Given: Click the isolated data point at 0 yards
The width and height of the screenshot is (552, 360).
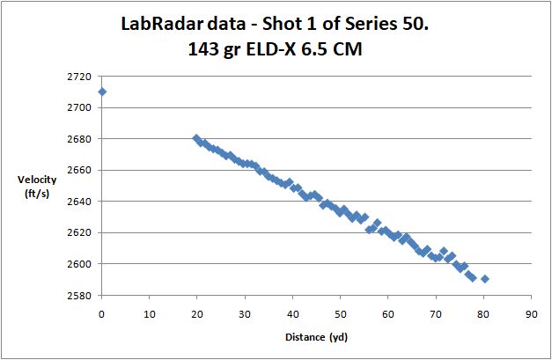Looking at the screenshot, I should pyautogui.click(x=102, y=92).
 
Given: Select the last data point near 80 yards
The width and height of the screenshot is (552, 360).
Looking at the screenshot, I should pyautogui.click(x=485, y=279).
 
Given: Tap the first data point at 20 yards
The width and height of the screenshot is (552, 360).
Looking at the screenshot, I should pyautogui.click(x=196, y=138).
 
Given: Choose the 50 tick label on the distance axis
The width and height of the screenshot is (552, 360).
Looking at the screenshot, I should pyautogui.click(x=340, y=312).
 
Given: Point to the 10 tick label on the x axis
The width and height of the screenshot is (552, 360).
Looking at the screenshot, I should pyautogui.click(x=150, y=312).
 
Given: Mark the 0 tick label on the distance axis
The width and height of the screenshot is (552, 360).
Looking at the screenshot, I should pyautogui.click(x=102, y=312).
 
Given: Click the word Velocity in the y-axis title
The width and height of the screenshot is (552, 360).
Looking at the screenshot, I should pyautogui.click(x=37, y=180).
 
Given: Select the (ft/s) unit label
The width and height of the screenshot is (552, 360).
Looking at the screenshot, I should pyautogui.click(x=37, y=194).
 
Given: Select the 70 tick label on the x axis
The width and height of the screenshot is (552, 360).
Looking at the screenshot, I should pyautogui.click(x=436, y=312).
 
